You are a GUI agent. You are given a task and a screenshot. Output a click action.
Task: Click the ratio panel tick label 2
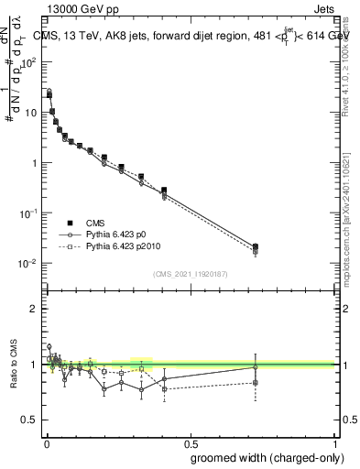[33, 309]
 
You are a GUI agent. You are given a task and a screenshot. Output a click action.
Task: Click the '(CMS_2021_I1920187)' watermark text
[189, 273]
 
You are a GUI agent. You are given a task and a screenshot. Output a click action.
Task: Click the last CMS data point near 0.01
[256, 246]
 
